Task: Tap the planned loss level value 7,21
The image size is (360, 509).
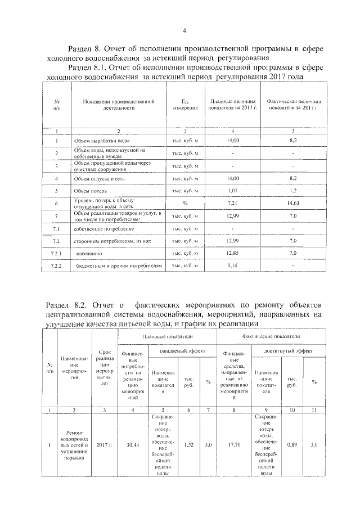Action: click(232, 204)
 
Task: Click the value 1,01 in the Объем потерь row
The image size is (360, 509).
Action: click(233, 191)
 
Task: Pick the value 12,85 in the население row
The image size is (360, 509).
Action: click(232, 254)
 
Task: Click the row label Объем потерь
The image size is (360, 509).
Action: click(93, 191)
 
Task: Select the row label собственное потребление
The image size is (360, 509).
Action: click(103, 229)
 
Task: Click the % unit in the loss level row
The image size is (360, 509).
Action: click(185, 204)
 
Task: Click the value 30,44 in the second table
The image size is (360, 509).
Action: click(133, 444)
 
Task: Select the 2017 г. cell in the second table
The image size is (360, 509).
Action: click(104, 445)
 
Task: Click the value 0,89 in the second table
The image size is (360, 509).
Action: click(292, 444)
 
